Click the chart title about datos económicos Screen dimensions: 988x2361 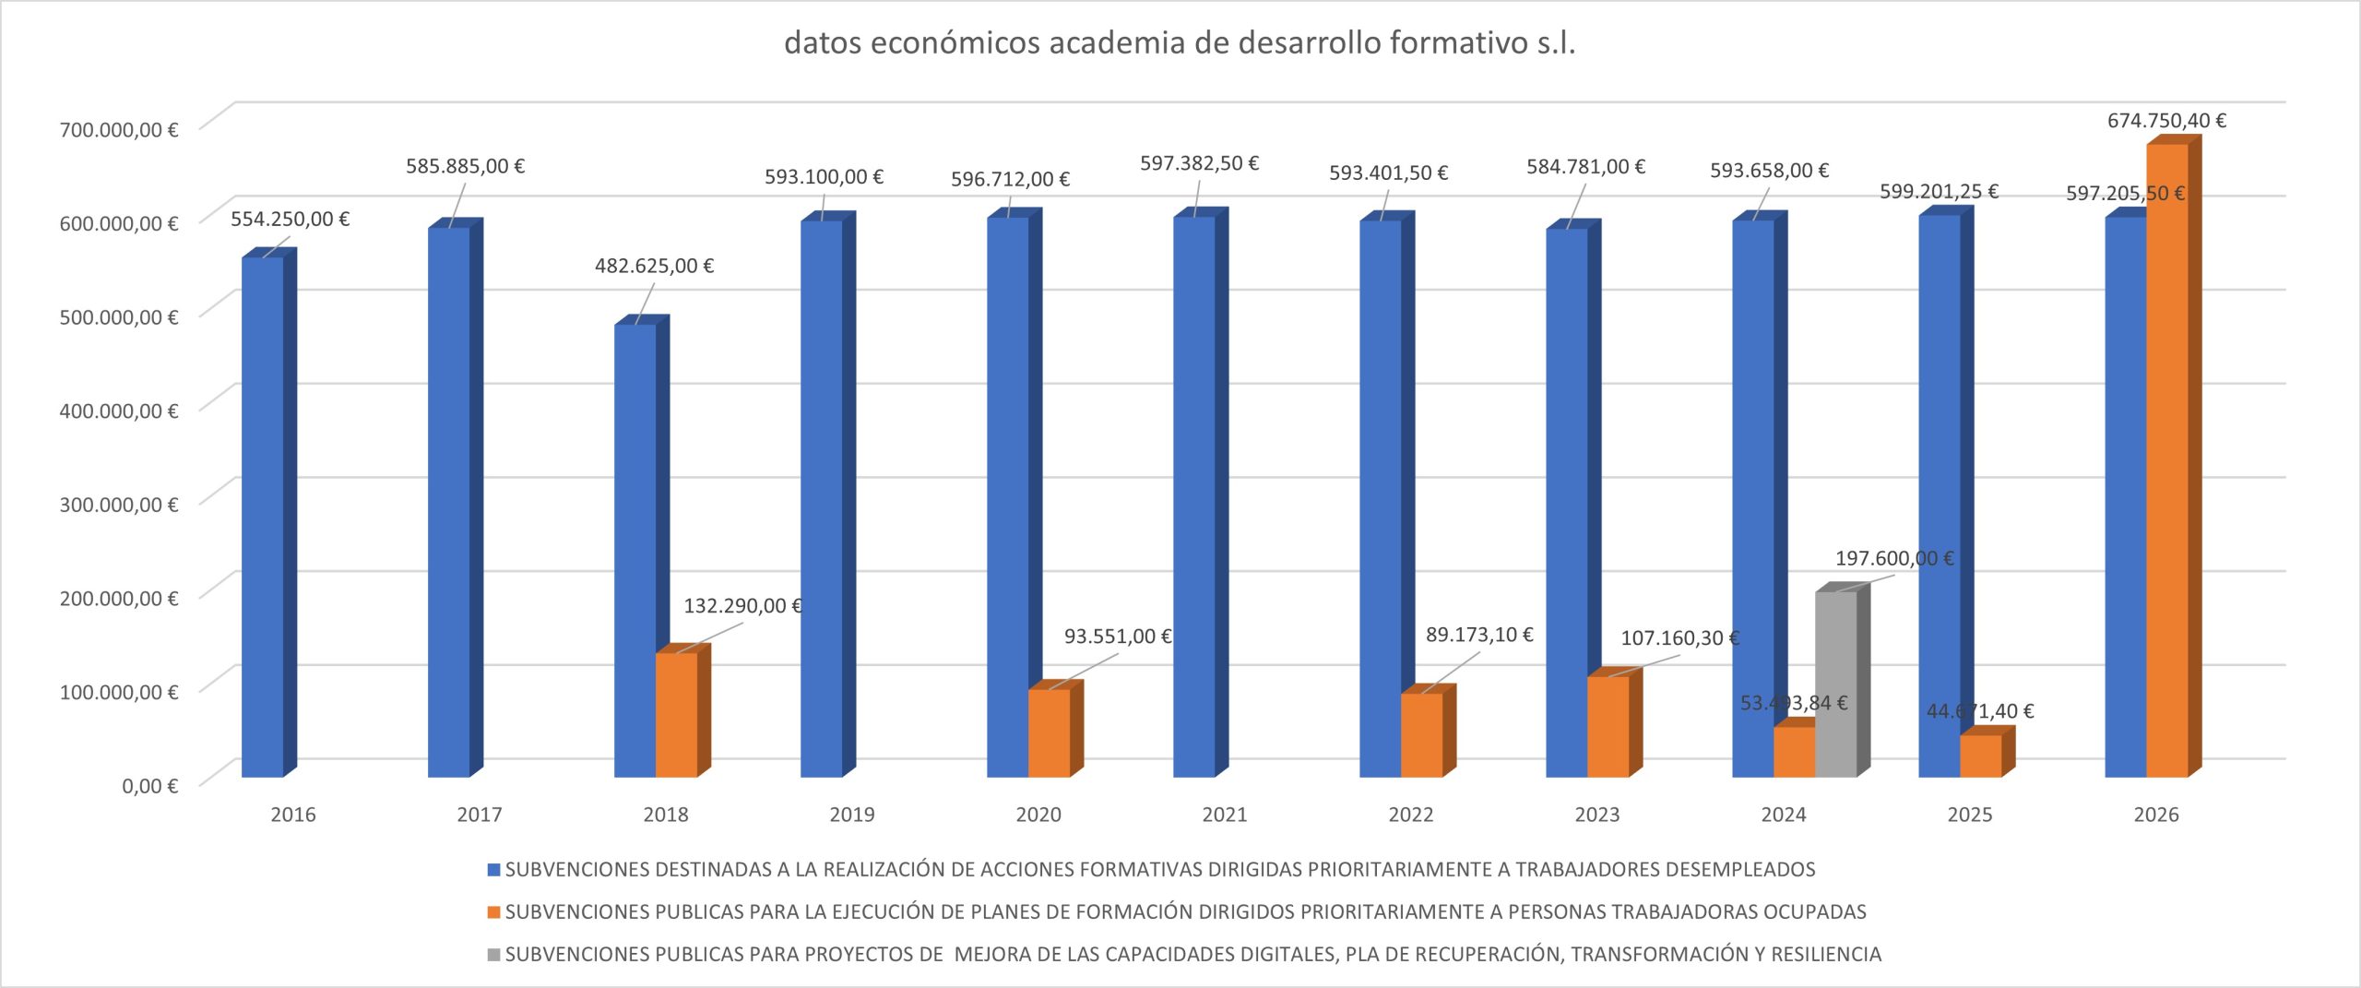(1180, 43)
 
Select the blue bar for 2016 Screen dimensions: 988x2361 (263, 517)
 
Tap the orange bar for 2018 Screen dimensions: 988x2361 (676, 715)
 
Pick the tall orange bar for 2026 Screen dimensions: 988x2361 (2166, 461)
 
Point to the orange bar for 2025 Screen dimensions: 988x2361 (1980, 756)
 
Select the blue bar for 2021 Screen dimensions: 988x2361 (1194, 498)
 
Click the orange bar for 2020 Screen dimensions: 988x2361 (1049, 733)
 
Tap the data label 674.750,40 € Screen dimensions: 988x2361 (2166, 121)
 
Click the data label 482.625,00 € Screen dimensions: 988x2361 (654, 267)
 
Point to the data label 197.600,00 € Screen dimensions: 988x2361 (1894, 559)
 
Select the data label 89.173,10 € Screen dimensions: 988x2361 (1479, 635)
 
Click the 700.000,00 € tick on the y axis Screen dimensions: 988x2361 (119, 130)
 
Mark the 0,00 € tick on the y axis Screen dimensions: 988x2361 (149, 786)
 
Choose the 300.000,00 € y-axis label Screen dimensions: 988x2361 (119, 505)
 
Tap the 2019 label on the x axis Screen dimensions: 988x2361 (851, 815)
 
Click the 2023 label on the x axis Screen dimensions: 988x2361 (1596, 815)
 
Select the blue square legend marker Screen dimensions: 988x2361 (493, 870)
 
